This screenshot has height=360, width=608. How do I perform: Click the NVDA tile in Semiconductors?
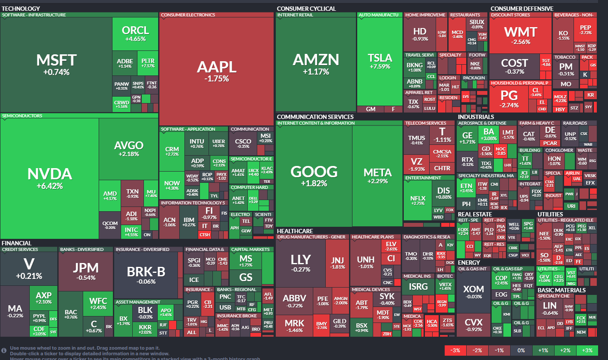(x=50, y=178)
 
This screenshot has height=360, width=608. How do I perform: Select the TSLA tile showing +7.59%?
(x=380, y=61)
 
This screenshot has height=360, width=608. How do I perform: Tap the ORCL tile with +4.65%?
(x=135, y=34)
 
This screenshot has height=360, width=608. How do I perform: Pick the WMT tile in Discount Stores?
(x=521, y=35)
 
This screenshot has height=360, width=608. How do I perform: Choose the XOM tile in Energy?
(x=473, y=292)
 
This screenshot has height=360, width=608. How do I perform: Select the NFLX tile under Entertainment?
(x=418, y=201)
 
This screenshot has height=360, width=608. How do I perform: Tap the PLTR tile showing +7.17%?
(x=148, y=63)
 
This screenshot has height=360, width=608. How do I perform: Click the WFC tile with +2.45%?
(x=98, y=304)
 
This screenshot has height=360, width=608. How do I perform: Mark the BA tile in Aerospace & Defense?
(x=488, y=135)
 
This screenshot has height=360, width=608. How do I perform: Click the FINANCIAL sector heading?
(x=16, y=243)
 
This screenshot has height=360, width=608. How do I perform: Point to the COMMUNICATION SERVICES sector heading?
(x=315, y=117)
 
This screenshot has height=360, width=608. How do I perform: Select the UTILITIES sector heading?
(x=550, y=214)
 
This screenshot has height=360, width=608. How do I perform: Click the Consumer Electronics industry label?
(x=188, y=15)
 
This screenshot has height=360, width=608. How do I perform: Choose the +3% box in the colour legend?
(x=586, y=350)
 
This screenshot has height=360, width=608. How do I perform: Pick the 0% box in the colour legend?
(x=521, y=350)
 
